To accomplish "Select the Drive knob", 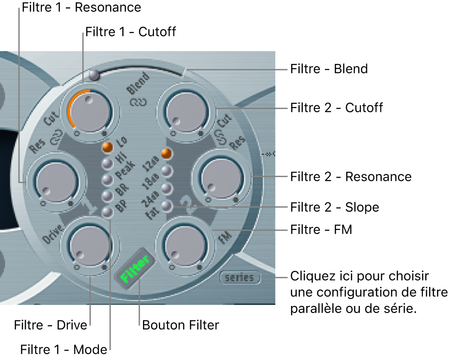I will tap(90, 244).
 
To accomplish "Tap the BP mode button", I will tap(108, 212).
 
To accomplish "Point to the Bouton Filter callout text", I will tap(181, 325).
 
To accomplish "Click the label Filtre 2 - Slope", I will tap(334, 207).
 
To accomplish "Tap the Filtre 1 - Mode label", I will tap(64, 350).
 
